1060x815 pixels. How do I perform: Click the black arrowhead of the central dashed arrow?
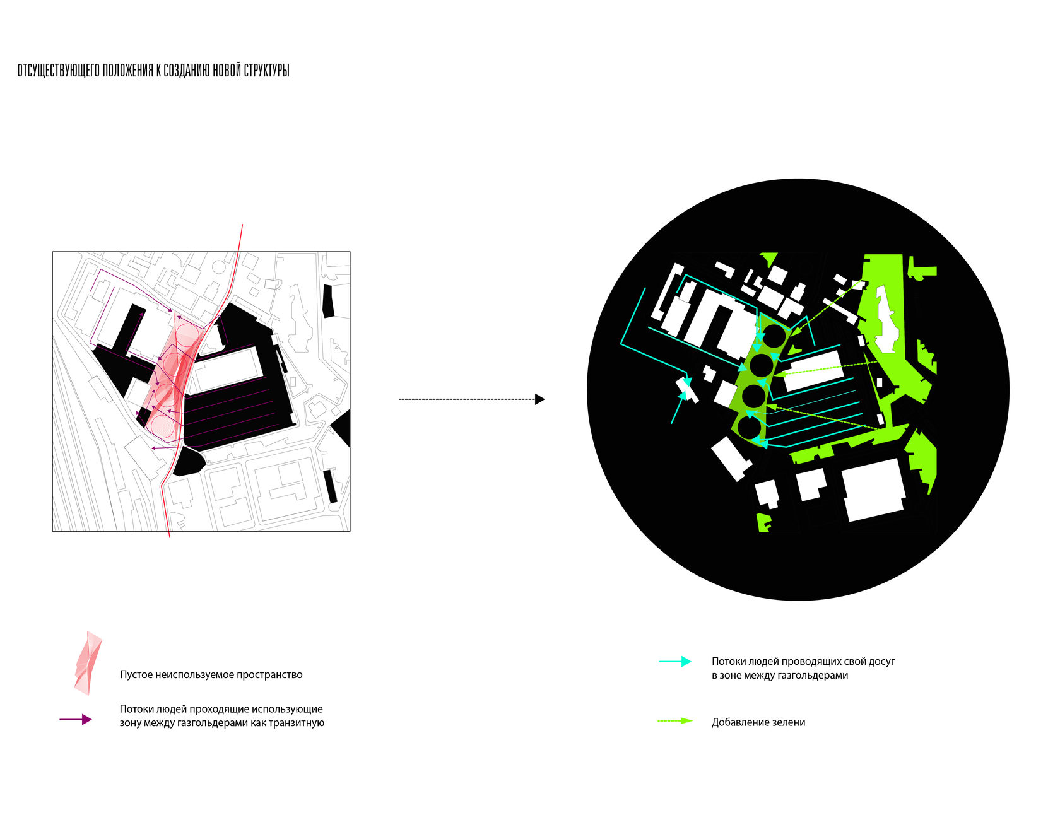pos(539,399)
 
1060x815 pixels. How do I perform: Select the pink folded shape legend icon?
pos(88,662)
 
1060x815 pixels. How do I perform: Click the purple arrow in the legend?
pos(76,719)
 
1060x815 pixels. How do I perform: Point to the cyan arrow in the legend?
pos(675,661)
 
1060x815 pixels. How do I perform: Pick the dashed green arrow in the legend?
pos(675,721)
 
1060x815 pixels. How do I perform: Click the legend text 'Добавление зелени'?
pos(758,722)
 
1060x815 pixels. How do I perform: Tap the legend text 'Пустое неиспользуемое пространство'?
pos(211,674)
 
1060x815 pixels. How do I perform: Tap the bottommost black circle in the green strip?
pos(749,428)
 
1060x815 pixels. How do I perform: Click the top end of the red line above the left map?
pos(242,225)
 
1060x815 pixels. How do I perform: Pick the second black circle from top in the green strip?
pos(761,365)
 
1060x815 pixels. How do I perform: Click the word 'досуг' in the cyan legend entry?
pos(881,662)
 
